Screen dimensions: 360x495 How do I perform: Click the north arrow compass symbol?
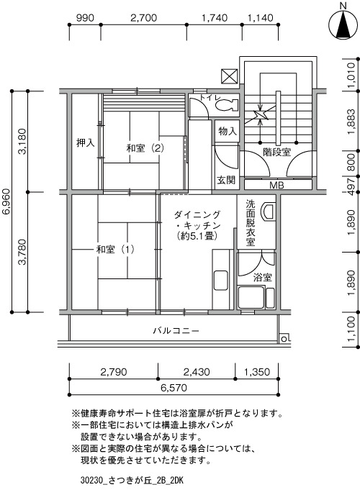coord(343,24)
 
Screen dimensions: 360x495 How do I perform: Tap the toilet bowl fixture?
coord(226,104)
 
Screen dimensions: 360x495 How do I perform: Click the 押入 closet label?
coord(85,143)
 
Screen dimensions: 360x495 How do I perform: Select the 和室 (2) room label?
coord(145,147)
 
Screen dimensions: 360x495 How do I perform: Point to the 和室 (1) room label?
coord(115,250)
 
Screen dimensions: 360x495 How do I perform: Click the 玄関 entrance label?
coord(226,181)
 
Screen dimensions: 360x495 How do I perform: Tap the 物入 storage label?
coord(228,131)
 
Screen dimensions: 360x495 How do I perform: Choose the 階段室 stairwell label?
coord(277,152)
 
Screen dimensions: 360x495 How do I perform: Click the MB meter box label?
coord(276,185)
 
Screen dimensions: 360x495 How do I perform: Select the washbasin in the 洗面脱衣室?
coord(268,211)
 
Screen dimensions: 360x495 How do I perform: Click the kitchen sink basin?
coord(221,281)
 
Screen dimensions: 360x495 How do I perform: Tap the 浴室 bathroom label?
coord(262,278)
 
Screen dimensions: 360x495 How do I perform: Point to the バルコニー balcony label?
coord(176,330)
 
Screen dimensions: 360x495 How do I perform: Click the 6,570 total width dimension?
coord(174,387)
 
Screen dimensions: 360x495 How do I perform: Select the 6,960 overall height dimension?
coord(6,202)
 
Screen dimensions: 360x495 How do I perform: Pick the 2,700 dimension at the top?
coord(144,18)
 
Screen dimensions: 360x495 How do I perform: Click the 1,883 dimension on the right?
coord(351,122)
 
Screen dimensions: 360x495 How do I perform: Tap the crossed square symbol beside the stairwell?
coord(230,76)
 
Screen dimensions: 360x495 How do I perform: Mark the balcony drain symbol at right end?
coord(284,339)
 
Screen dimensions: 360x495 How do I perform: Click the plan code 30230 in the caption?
coord(90,481)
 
